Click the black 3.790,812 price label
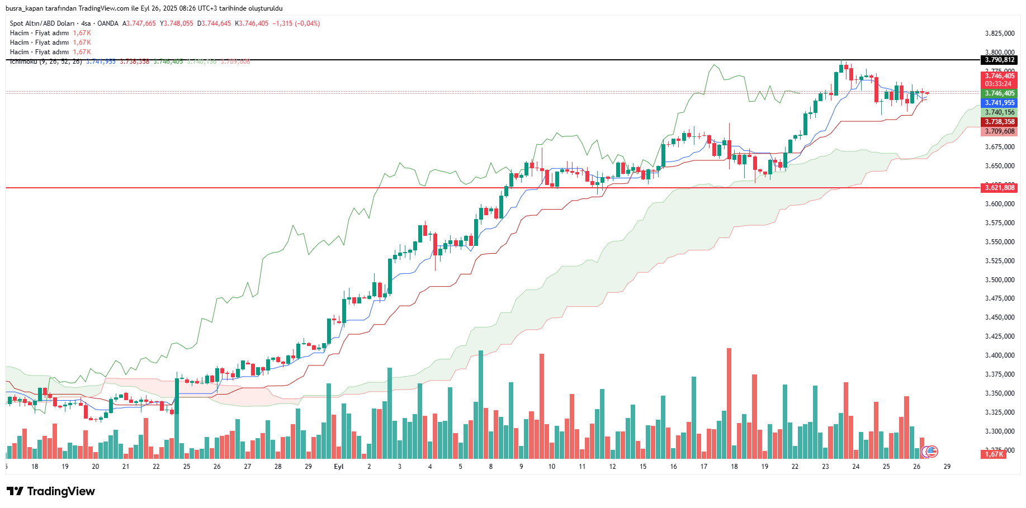[999, 60]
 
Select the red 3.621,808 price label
[999, 188]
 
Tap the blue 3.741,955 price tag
[999, 103]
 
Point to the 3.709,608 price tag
[999, 131]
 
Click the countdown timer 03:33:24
[998, 84]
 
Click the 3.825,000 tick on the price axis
[999, 34]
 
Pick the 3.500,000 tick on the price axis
[999, 280]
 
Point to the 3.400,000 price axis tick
[999, 355]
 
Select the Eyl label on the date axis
[338, 467]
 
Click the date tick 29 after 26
[947, 467]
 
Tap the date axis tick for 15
[643, 467]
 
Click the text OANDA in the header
[108, 23]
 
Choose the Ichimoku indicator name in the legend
[23, 61]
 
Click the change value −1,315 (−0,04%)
[296, 23]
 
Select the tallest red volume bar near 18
[729, 402]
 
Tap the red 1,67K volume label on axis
[994, 454]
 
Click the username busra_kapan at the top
[24, 8]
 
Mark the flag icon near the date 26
[932, 451]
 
